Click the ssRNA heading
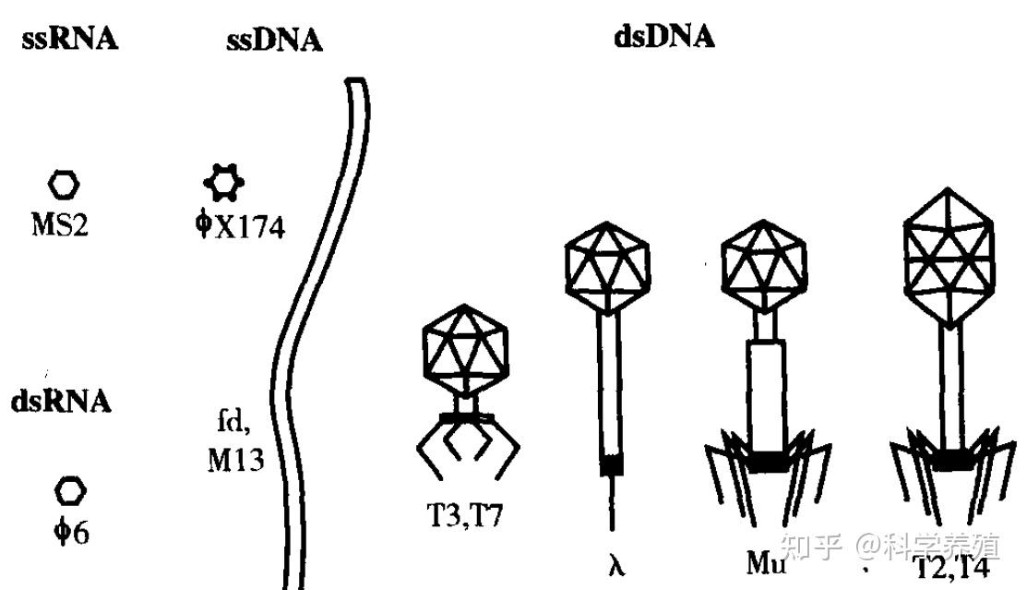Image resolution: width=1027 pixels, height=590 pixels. (x=71, y=41)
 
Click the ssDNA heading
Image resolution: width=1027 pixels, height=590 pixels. (x=274, y=42)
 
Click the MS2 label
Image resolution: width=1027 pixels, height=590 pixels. (x=61, y=224)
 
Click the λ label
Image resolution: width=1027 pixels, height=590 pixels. (x=616, y=564)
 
